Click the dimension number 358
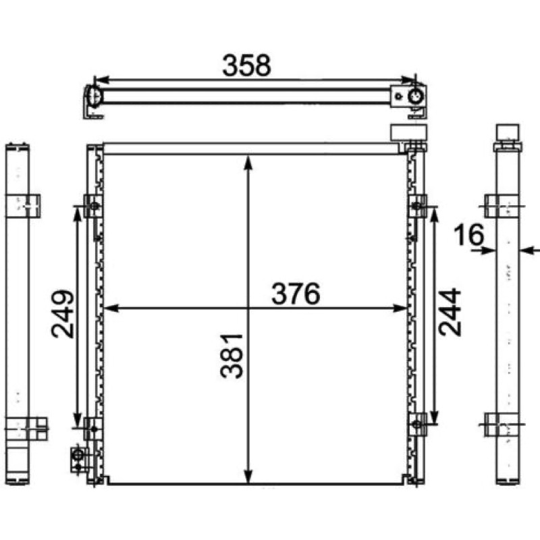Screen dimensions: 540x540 [x=246, y=65]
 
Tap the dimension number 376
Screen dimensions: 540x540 [x=296, y=294]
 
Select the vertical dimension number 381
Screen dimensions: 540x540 [x=232, y=356]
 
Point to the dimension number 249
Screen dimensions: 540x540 [x=63, y=314]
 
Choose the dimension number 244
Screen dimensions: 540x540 [x=450, y=312]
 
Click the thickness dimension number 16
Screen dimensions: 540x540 [x=468, y=234]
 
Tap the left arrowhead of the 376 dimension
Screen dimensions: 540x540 [x=111, y=308]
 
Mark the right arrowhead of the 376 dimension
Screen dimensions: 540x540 [x=400, y=308]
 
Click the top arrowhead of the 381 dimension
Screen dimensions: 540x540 [x=248, y=163]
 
